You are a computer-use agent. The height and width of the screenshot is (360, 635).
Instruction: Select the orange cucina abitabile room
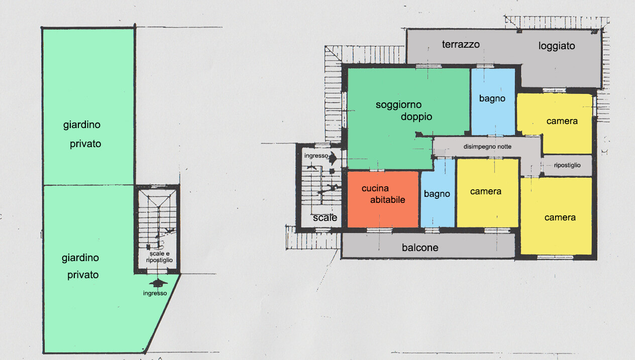pyautogui.click(x=383, y=199)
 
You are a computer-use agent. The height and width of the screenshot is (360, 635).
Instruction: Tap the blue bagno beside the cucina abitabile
pyautogui.click(x=438, y=193)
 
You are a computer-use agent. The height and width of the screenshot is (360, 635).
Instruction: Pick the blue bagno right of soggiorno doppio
pyautogui.click(x=493, y=102)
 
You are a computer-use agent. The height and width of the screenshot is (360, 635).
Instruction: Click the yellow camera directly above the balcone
pyautogui.click(x=488, y=193)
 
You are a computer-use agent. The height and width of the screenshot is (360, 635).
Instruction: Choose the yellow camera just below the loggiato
pyautogui.click(x=555, y=124)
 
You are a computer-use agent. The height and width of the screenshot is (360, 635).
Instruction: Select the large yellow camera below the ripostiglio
pyautogui.click(x=557, y=216)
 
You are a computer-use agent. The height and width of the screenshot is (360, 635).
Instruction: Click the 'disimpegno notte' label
pyautogui.click(x=487, y=147)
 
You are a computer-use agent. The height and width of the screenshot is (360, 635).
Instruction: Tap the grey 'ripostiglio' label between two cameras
pyautogui.click(x=567, y=165)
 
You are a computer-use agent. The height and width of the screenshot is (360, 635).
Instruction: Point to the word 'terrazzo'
pyautogui.click(x=461, y=45)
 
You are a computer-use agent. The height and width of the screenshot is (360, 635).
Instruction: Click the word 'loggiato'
pyautogui.click(x=557, y=46)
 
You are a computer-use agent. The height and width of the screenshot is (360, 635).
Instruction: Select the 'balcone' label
pyautogui.click(x=420, y=248)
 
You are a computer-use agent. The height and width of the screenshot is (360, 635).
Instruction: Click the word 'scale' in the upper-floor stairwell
pyautogui.click(x=325, y=217)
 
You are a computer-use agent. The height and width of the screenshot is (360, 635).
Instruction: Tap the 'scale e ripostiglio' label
pyautogui.click(x=159, y=257)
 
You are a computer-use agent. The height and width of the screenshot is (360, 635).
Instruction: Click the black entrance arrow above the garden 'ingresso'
pyautogui.click(x=158, y=283)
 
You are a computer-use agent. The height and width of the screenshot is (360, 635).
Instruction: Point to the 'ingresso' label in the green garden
pyautogui.click(x=155, y=293)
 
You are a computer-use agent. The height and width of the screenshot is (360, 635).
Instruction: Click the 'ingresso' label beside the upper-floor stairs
pyautogui.click(x=316, y=156)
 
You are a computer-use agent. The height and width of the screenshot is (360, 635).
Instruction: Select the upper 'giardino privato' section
pyautogui.click(x=88, y=107)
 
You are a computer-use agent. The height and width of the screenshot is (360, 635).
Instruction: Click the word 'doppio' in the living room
pyautogui.click(x=416, y=116)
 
